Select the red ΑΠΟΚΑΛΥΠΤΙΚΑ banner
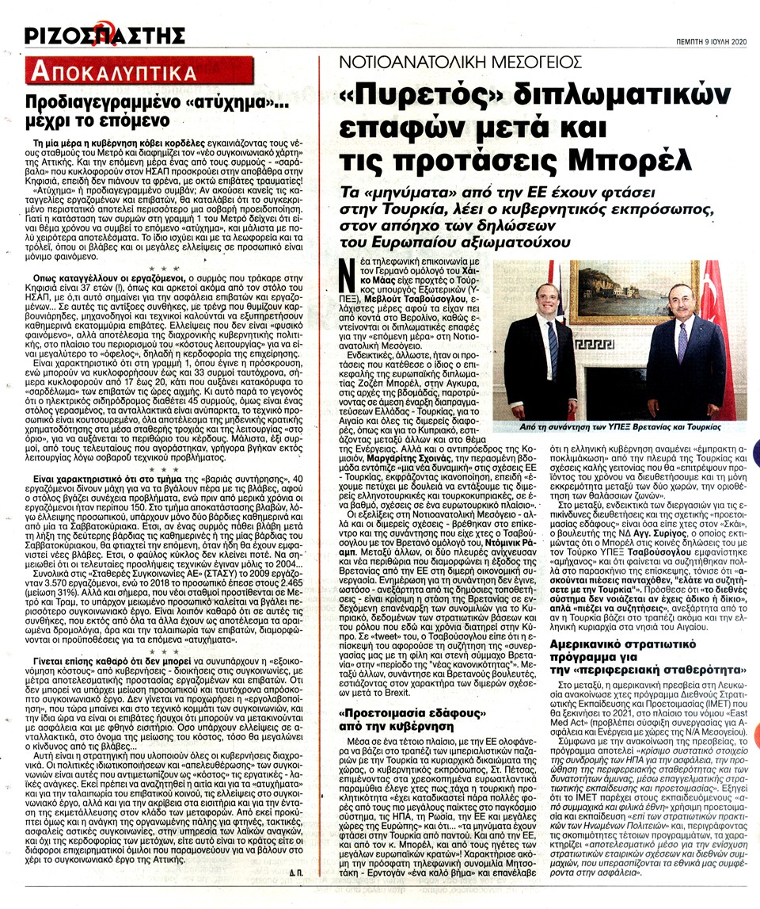click(x=113, y=74)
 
